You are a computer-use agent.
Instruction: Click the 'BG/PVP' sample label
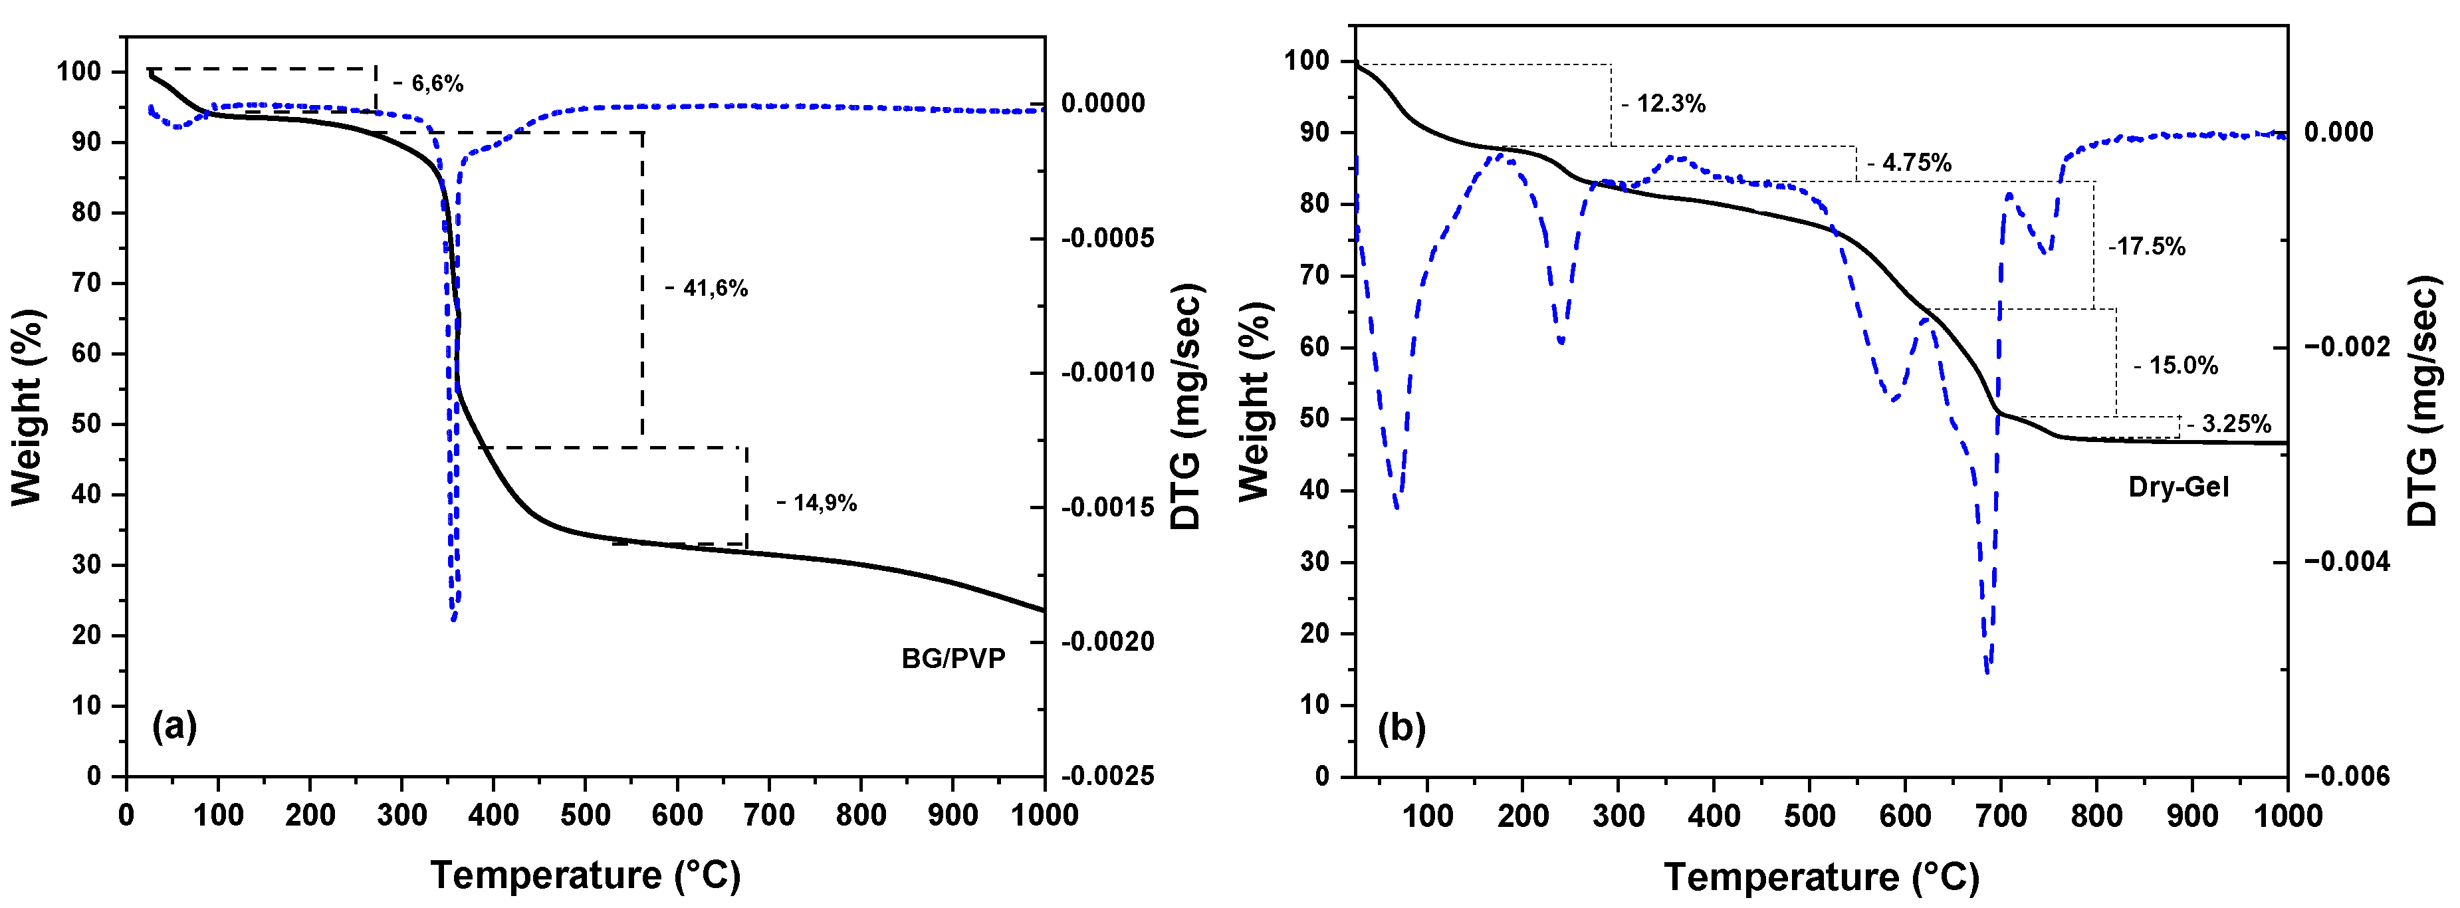[953, 659]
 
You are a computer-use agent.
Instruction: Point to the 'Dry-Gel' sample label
[2178, 487]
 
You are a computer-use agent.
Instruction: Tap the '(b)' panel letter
[1401, 728]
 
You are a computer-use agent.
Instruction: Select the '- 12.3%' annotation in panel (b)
[1664, 104]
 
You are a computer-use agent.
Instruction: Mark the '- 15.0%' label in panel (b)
[2176, 366]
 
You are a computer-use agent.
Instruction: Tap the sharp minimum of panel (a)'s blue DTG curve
[453, 619]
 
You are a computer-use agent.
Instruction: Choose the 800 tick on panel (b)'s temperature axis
[2096, 816]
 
